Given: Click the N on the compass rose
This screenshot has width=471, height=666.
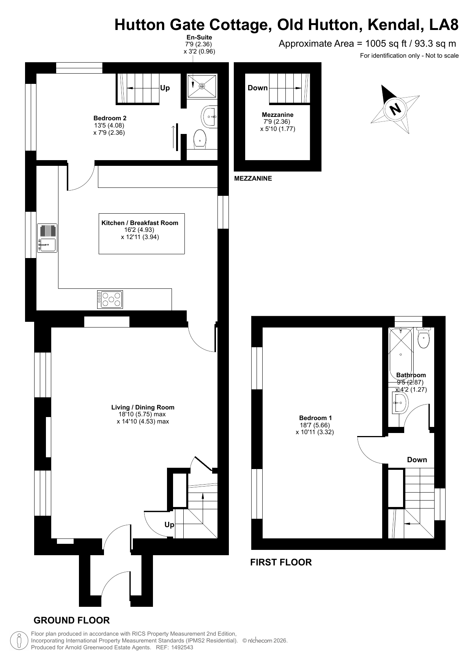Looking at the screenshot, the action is coord(395,109).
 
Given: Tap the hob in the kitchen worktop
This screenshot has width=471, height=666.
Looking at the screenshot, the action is coord(110,299).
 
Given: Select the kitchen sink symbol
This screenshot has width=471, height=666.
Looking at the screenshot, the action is coord(47,238).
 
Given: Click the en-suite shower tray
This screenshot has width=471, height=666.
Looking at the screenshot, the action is coord(202,86).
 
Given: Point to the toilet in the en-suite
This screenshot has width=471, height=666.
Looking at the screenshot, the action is coord(200,139).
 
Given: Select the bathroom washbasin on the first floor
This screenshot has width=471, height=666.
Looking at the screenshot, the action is coord(399,403).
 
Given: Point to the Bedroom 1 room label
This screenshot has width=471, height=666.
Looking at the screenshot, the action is coord(315,418).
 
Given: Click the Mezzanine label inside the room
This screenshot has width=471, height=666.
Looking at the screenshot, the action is coord(277,115).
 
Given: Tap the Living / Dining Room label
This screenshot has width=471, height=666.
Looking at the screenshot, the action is coord(143,407).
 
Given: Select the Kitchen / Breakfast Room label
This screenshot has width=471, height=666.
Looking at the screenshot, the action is coord(140,223).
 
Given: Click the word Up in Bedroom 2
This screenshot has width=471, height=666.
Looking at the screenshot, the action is coord(165,88).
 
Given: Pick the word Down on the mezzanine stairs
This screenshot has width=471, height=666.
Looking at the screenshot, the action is coord(258,88).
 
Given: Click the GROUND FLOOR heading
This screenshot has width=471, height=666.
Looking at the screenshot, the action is coord(72,620).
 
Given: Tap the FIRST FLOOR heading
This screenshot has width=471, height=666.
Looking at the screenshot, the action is coord(281,562).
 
